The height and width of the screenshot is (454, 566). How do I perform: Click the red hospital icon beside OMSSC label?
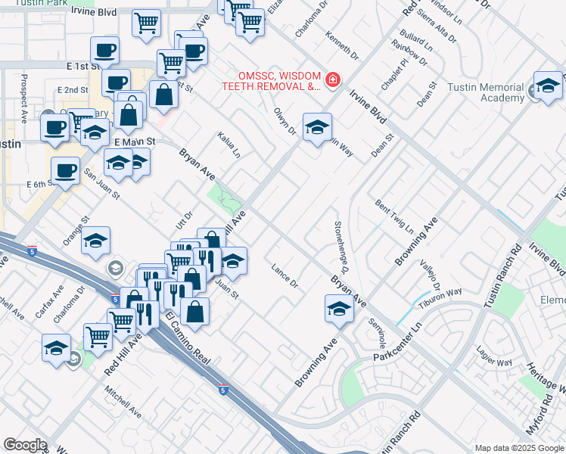331,79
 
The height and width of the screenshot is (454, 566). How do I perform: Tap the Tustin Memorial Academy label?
495,92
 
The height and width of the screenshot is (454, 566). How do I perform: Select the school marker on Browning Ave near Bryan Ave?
340,309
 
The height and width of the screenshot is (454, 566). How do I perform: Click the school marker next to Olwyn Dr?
318,126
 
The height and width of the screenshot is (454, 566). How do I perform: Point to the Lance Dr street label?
285,275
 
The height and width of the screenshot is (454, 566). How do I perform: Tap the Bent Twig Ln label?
393,216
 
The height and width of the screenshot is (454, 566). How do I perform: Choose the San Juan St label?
101,184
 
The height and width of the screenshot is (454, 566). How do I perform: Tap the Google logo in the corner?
25,445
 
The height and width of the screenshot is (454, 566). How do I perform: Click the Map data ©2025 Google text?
518,448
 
